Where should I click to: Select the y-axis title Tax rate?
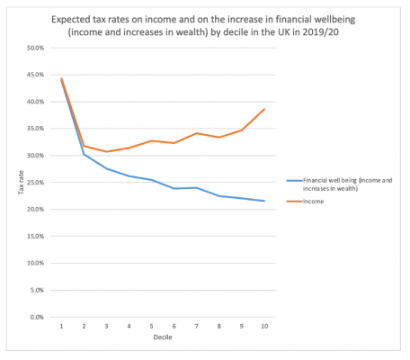(x=12, y=183)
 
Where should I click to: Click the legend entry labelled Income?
(x=313, y=202)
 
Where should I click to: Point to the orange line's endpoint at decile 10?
(x=263, y=109)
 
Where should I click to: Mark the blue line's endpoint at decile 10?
(x=263, y=201)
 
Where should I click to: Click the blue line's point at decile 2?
(x=84, y=154)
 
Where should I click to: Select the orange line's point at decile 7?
(x=196, y=133)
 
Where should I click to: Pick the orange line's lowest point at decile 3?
(x=106, y=151)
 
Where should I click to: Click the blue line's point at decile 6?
(x=174, y=188)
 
